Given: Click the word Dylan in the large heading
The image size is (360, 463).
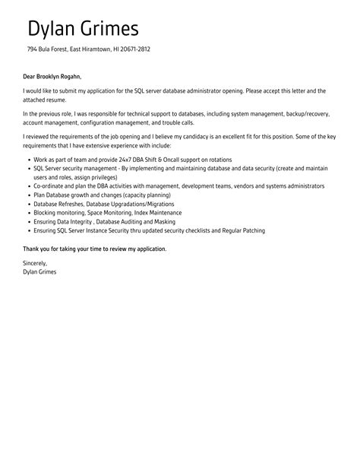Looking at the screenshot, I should [x=52, y=29].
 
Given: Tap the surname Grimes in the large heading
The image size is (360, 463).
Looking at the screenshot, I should [x=111, y=29].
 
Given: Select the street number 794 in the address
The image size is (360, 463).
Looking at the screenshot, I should [x=33, y=51].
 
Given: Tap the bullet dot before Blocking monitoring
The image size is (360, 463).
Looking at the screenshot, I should [x=27, y=213].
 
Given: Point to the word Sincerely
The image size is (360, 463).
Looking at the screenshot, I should [x=36, y=263].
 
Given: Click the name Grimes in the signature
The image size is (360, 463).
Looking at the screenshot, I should [x=46, y=271].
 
